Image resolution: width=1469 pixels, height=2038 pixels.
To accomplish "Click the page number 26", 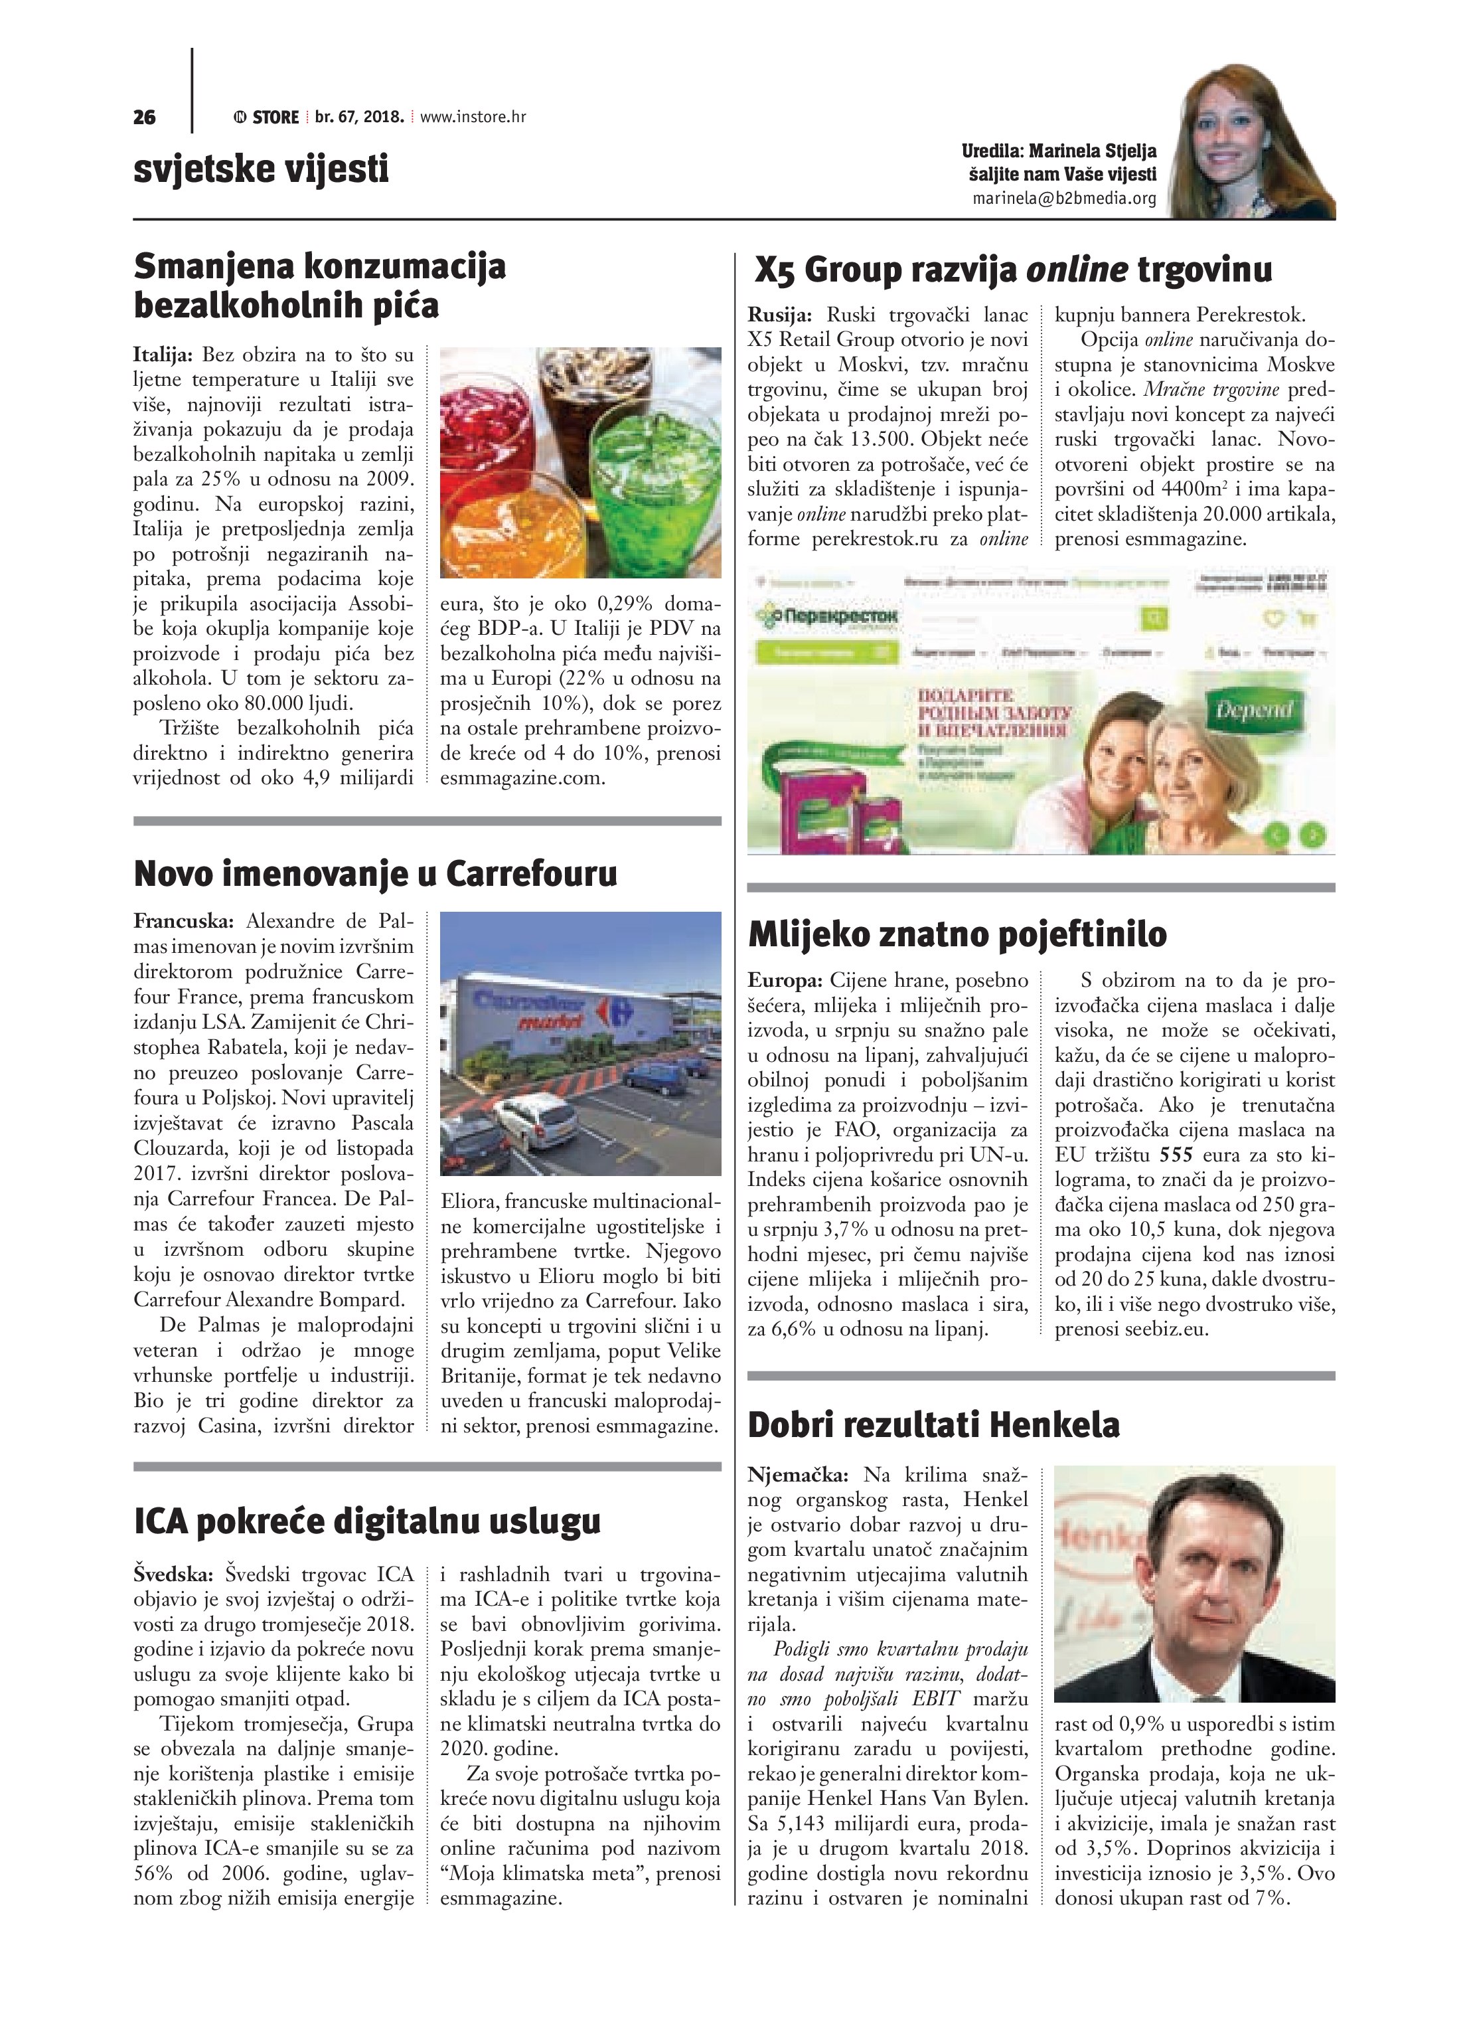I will pyautogui.click(x=145, y=117).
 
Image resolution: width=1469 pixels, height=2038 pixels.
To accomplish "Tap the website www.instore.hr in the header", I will pyautogui.click(x=473, y=117).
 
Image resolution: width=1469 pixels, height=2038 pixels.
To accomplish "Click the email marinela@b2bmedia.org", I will pyautogui.click(x=1065, y=199).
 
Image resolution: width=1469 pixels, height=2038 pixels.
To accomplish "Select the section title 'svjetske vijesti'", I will pyautogui.click(x=261, y=168).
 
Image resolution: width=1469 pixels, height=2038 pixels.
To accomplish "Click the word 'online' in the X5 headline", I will pyautogui.click(x=1077, y=270).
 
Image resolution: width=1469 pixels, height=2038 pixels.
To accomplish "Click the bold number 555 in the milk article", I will pyautogui.click(x=1178, y=1155).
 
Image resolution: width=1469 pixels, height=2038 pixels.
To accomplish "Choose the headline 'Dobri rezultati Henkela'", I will pyautogui.click(x=933, y=1425).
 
